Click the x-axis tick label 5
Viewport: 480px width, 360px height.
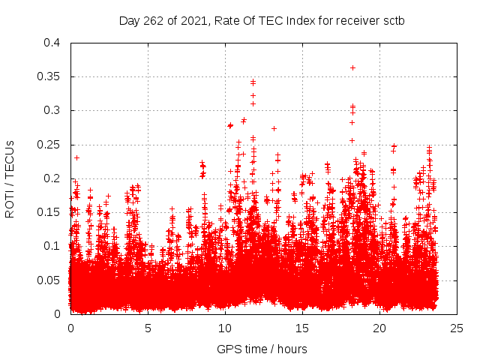coord(148,328)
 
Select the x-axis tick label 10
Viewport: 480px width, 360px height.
coord(225,328)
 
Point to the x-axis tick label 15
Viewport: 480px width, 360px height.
coord(302,328)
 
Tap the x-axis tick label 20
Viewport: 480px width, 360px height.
coord(379,328)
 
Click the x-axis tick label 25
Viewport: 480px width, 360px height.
coord(457,328)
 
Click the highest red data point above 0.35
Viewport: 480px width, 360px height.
coord(352,67)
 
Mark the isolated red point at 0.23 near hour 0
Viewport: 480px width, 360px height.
coord(76,157)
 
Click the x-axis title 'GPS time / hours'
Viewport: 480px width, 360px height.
coord(262,349)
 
